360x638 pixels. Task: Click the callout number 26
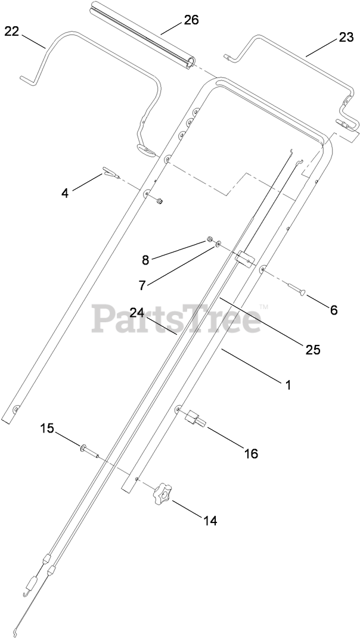tap(191, 20)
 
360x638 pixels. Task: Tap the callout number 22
tap(12, 32)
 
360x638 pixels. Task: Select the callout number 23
tap(346, 36)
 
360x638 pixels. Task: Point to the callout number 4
tap(66, 192)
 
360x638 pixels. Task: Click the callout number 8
tap(145, 259)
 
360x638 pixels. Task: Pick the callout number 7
tap(142, 285)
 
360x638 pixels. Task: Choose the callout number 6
tap(334, 310)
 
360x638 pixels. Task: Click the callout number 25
tap(314, 350)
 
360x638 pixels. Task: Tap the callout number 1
tap(288, 385)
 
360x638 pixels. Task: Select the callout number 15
tap(47, 428)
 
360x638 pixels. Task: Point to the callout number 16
tap(251, 454)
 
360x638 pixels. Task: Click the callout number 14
tap(210, 521)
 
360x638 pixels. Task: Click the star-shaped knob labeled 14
tap(161, 493)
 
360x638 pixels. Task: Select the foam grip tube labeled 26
tap(143, 36)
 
